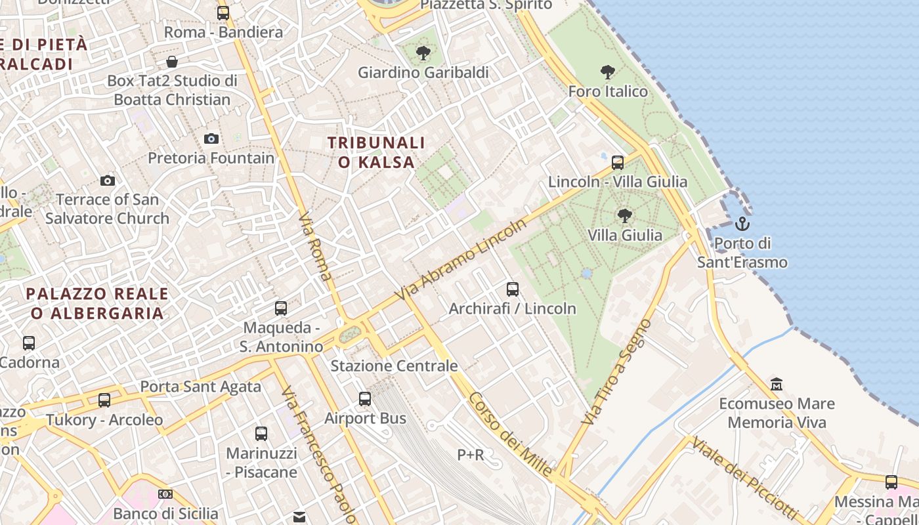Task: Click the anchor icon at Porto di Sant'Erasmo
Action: tap(742, 224)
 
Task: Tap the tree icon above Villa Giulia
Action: tap(625, 215)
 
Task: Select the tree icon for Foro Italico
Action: tap(608, 72)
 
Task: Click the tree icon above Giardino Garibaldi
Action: tap(423, 52)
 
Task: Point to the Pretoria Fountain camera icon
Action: tap(211, 138)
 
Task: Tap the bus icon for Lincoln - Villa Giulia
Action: tap(618, 162)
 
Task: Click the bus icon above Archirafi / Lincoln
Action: tap(513, 289)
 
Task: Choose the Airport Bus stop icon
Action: tap(365, 398)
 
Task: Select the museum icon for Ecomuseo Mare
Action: tap(777, 384)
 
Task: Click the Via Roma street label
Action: tap(315, 246)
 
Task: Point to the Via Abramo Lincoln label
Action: tap(461, 261)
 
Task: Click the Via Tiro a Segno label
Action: tap(618, 371)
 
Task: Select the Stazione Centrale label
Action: tap(394, 366)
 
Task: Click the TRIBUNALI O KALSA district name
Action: tap(376, 152)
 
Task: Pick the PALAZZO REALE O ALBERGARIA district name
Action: tap(97, 303)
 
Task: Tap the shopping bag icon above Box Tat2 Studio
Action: tap(171, 62)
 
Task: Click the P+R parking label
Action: tap(471, 454)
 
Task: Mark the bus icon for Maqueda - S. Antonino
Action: tap(281, 308)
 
